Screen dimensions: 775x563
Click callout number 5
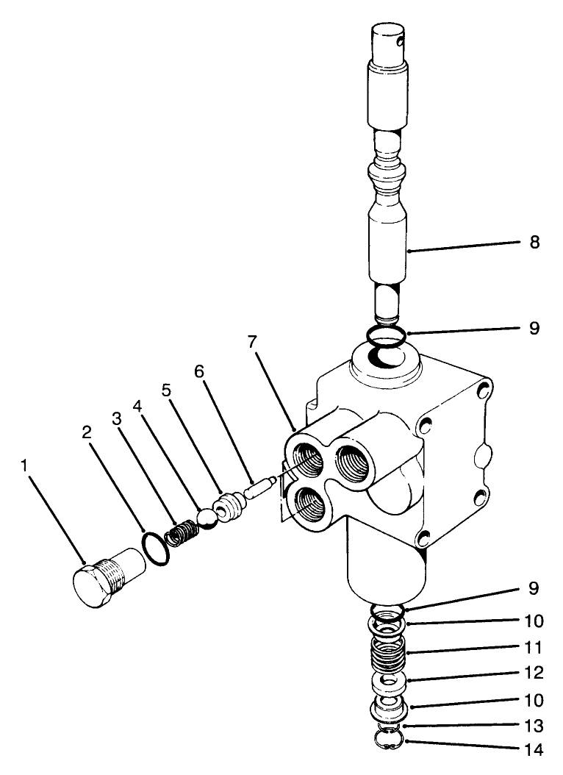click(x=167, y=390)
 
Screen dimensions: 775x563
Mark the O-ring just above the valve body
click(x=385, y=337)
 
